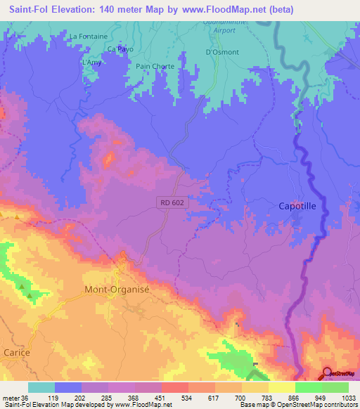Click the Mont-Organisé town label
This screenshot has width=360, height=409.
point(117,289)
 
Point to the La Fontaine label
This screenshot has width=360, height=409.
point(88,36)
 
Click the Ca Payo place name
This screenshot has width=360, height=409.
point(120,49)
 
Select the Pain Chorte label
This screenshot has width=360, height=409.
point(155,67)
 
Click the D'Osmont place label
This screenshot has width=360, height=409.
point(222,52)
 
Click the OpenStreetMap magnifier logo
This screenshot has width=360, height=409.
point(328,372)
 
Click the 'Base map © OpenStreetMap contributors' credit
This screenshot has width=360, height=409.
point(297,404)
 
